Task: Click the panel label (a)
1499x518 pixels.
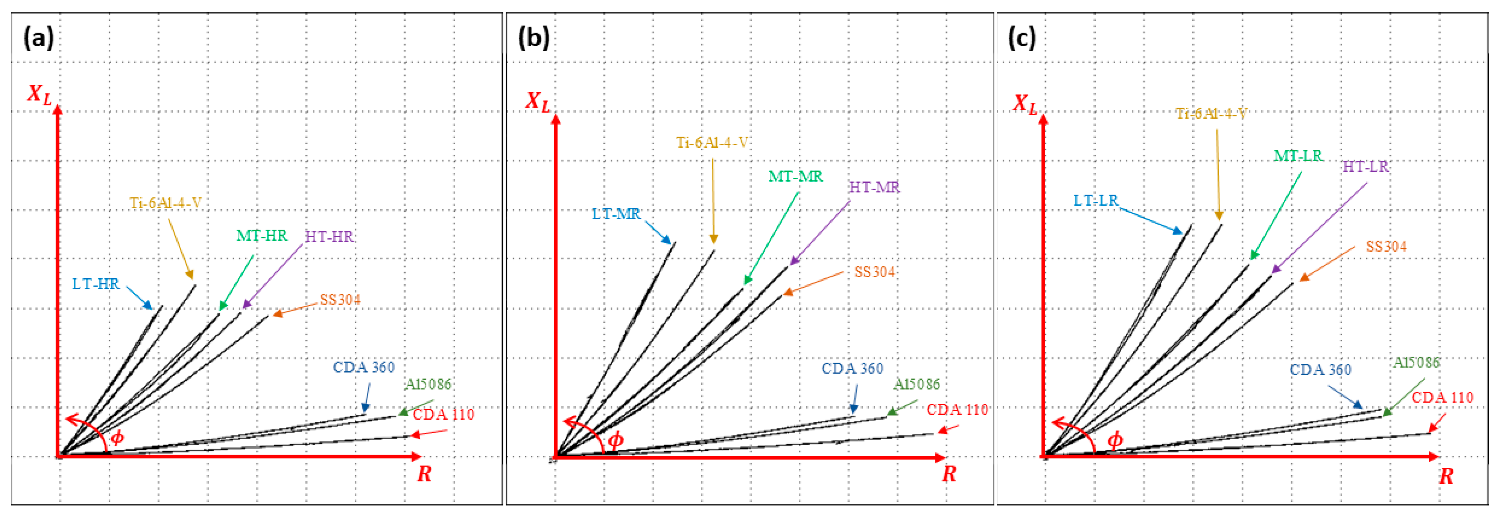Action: [38, 38]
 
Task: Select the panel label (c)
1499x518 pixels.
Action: [1022, 38]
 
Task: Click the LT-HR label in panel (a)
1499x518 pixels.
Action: [96, 284]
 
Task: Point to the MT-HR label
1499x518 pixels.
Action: [262, 236]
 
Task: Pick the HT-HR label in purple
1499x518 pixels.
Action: [329, 237]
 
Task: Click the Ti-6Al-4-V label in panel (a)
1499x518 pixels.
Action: [166, 203]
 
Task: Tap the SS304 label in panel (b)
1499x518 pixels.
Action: [875, 272]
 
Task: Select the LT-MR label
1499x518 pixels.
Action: [616, 214]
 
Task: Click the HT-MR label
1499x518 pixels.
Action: [875, 187]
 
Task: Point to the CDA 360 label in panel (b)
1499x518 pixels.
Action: [852, 369]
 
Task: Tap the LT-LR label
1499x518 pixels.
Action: [1096, 201]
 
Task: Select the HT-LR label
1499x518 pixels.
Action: [1366, 167]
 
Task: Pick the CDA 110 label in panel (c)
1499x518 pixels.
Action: [1443, 398]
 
